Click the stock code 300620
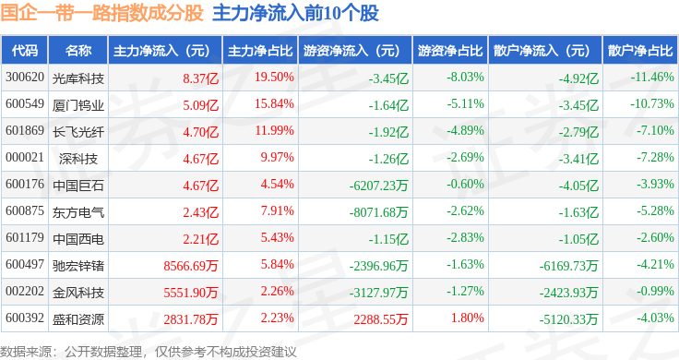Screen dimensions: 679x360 tap(25, 78)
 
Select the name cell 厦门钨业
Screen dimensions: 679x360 tap(78, 105)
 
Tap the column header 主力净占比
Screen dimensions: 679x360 tap(260, 51)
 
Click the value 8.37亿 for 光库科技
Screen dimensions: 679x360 tap(200, 78)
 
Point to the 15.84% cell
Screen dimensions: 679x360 tap(274, 104)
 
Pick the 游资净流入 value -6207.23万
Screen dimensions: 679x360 tap(379, 186)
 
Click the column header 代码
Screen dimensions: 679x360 tap(25, 51)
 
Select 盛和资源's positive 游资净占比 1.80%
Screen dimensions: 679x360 tap(467, 318)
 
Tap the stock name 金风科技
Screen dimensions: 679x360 tap(78, 293)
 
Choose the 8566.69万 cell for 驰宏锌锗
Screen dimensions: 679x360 tap(191, 266)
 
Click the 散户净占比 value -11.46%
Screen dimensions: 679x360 tap(652, 78)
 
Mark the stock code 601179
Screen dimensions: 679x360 tap(25, 237)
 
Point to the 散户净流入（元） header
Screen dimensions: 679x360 tap(542, 51)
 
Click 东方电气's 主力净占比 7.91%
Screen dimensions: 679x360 tap(277, 211)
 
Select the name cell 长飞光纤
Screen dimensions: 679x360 tap(78, 132)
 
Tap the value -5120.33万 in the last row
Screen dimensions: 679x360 tap(568, 319)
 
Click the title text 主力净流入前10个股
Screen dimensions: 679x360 tap(296, 13)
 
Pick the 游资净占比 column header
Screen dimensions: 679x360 tap(450, 51)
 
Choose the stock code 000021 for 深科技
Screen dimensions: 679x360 tap(25, 157)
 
